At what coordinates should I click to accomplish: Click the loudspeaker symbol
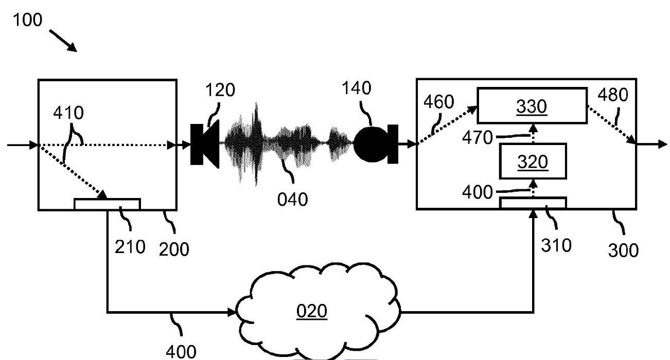point(205,145)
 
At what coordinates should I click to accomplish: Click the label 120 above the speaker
point(220,89)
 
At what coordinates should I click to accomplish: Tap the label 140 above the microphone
point(356,88)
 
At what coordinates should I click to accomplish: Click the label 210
point(130,247)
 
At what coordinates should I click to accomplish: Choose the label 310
point(556,246)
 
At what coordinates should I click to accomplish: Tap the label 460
point(438,102)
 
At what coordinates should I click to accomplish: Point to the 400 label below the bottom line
point(181,352)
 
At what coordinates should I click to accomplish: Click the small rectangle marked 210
point(107,204)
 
